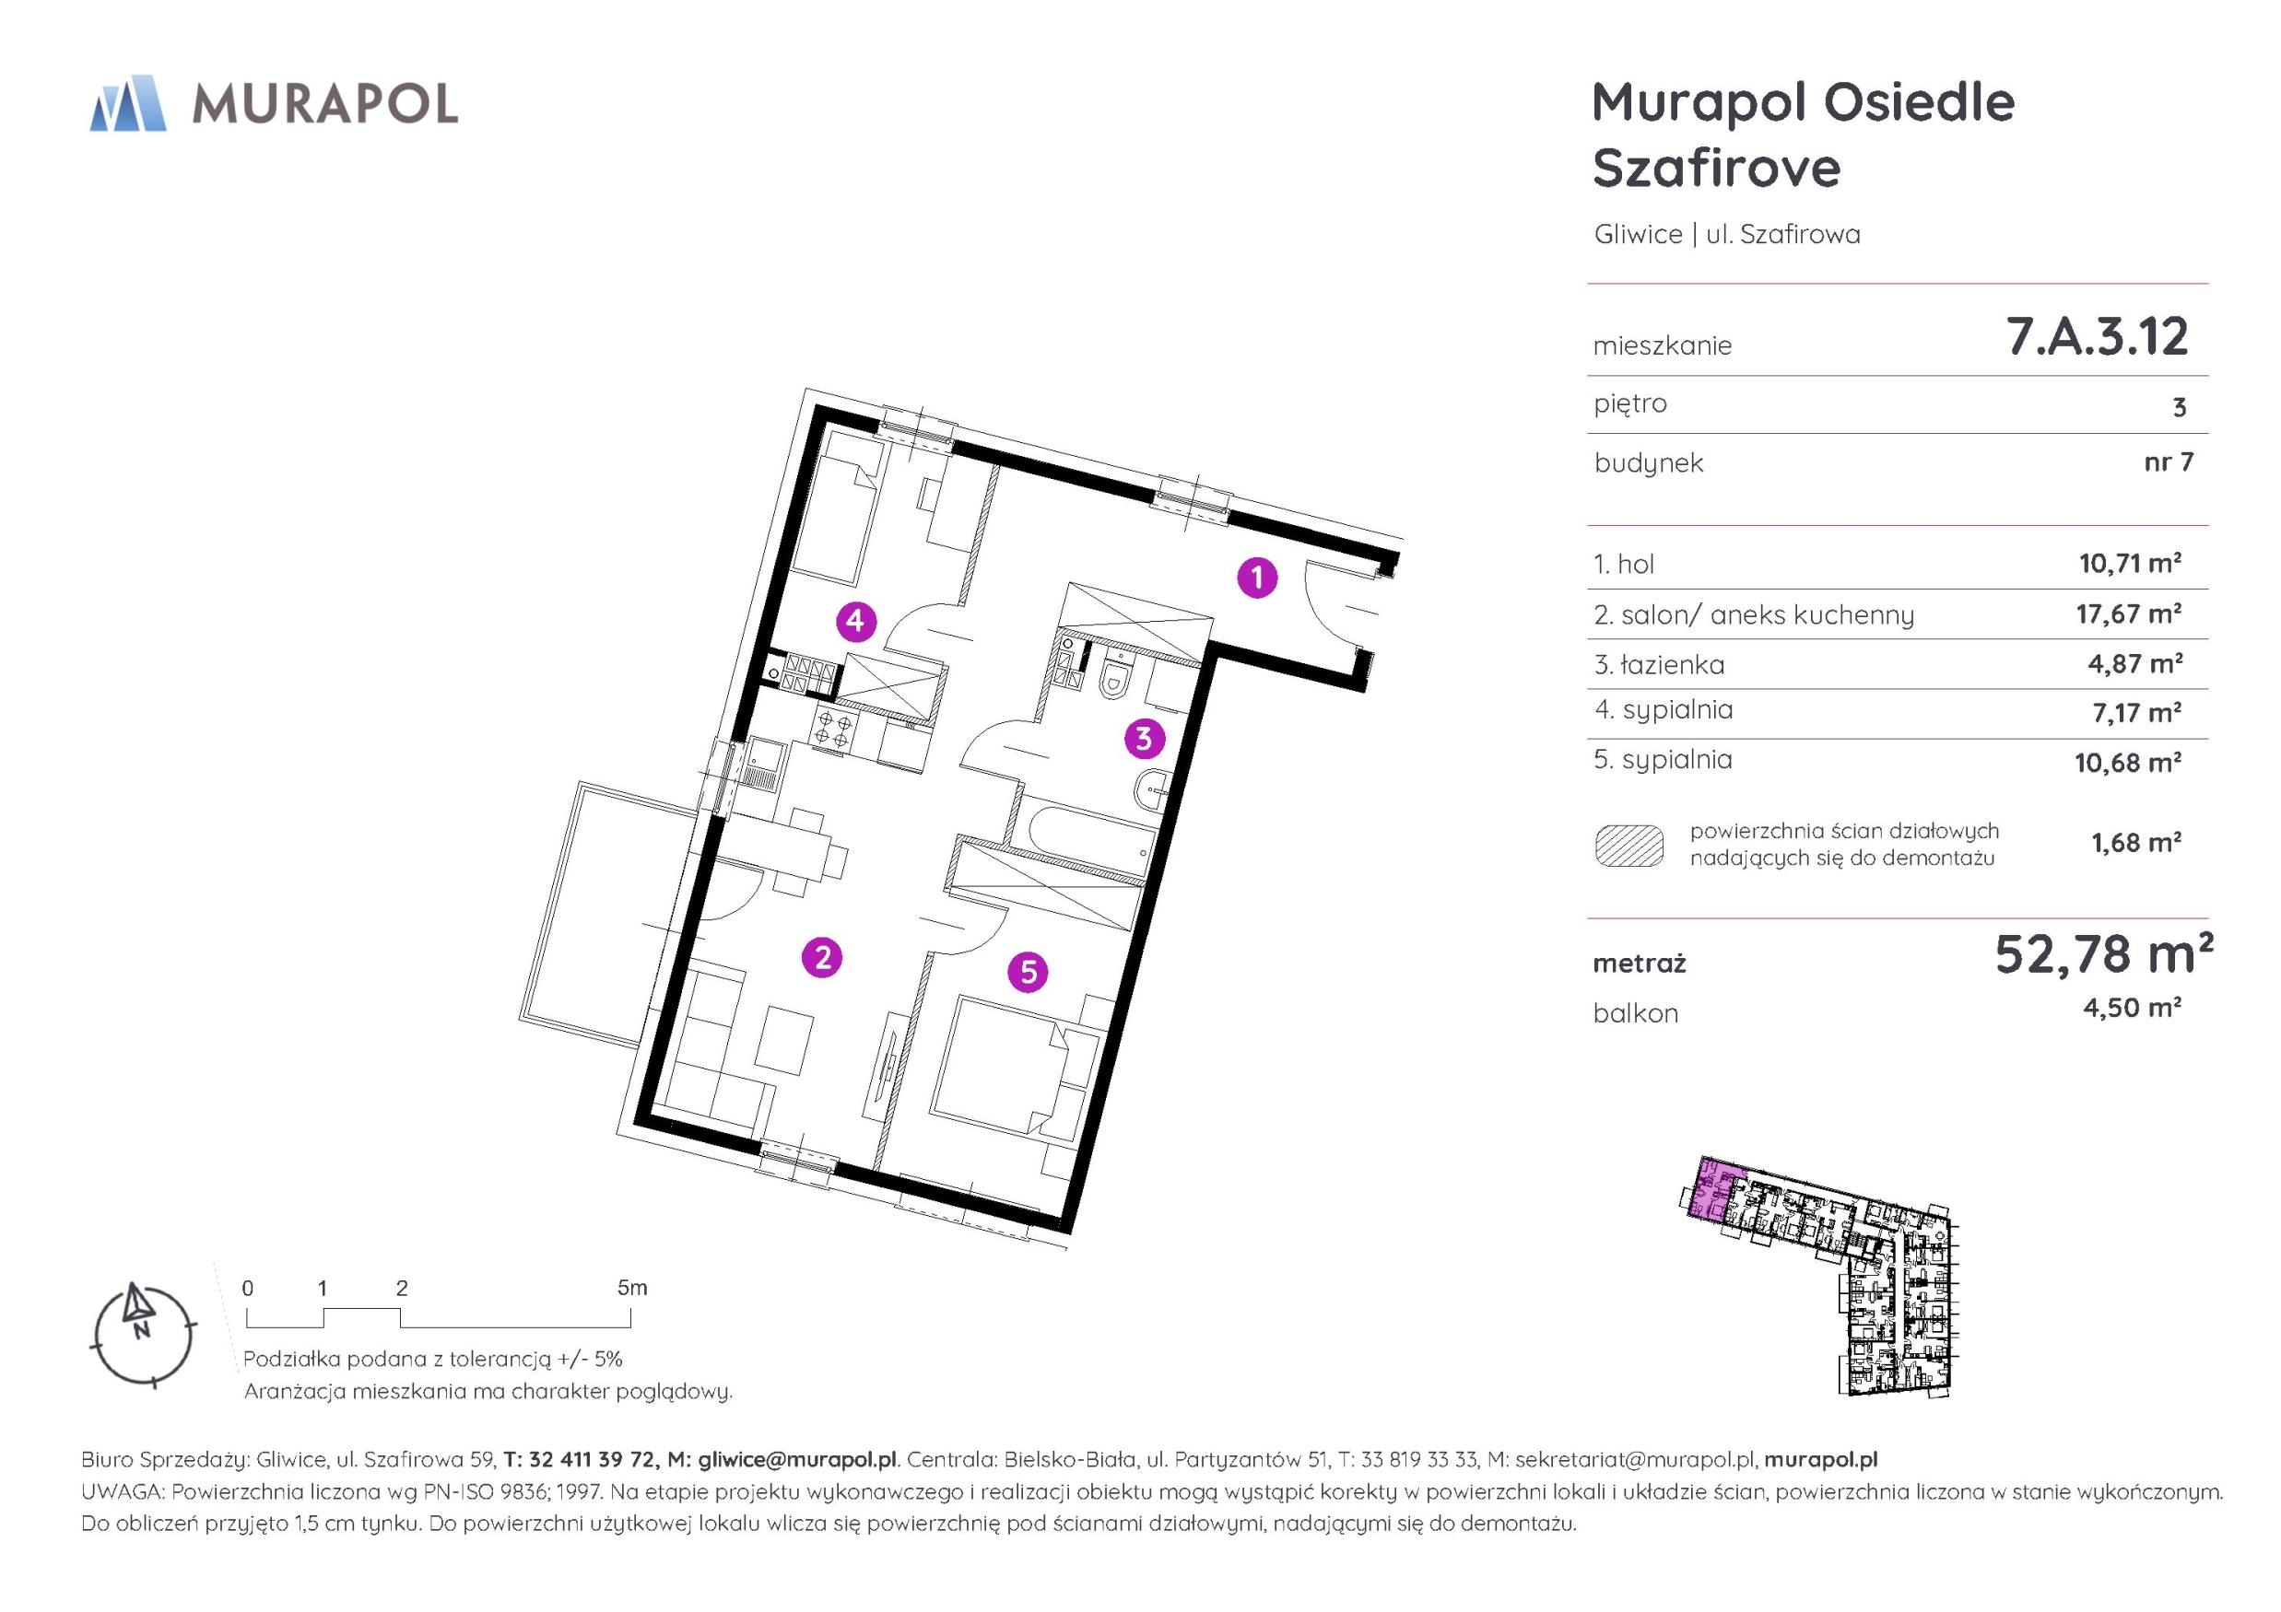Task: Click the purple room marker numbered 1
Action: pyautogui.click(x=1257, y=577)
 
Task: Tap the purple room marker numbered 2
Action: pyautogui.click(x=823, y=957)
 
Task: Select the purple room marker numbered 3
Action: pyautogui.click(x=1144, y=738)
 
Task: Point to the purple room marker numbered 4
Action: pyautogui.click(x=856, y=622)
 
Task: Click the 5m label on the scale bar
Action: pyautogui.click(x=632, y=1288)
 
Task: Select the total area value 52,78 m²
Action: pyautogui.click(x=2103, y=954)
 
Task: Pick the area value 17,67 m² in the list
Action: pyautogui.click(x=2129, y=613)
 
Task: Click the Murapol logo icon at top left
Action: pyautogui.click(x=127, y=103)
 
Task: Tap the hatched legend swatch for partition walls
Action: pyautogui.click(x=1629, y=847)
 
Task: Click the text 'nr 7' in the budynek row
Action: pyautogui.click(x=2169, y=461)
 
